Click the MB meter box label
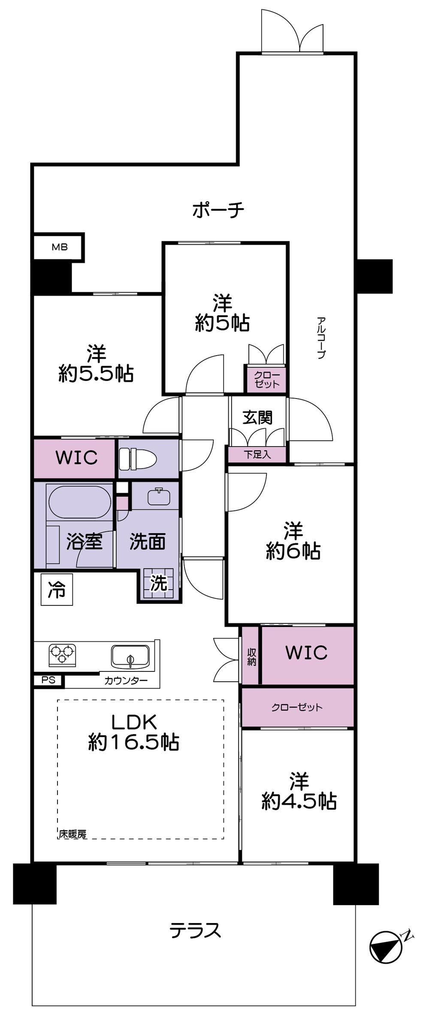coord(60,247)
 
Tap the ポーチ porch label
coord(218,210)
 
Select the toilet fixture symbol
coord(137,459)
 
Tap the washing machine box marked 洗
coord(158,583)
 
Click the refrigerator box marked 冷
coord(57,590)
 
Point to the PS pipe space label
coord(48,680)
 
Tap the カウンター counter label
coord(126,680)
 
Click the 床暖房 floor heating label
coord(73,834)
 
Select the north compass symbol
coord(386,946)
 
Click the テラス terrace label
coord(195,931)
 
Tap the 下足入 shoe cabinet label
coord(257,455)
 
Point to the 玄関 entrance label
coord(257,417)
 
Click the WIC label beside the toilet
coord(76,458)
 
